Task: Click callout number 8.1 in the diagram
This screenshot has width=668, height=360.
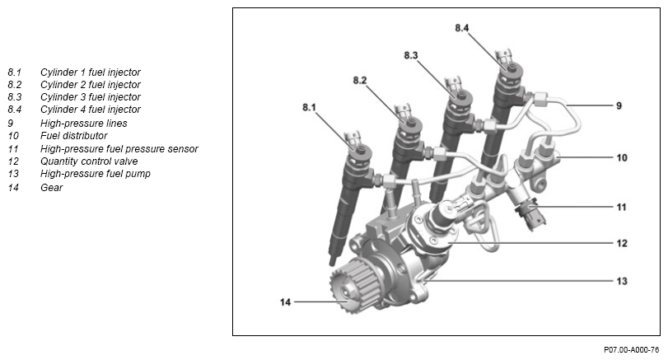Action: point(310,107)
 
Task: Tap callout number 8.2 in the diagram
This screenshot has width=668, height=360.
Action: point(360,80)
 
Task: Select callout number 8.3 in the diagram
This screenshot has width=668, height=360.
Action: point(411,54)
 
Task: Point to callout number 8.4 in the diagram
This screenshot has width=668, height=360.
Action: point(462,28)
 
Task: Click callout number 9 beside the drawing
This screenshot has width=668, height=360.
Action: point(619,106)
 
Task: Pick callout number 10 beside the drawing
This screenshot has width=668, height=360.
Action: point(622,156)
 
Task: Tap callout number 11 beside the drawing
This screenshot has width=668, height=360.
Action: point(622,207)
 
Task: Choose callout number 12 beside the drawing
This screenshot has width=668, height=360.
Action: point(622,244)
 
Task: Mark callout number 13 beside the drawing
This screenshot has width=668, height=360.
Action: point(622,281)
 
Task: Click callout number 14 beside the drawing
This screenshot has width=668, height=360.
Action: point(284,302)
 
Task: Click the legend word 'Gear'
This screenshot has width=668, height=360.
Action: point(51,187)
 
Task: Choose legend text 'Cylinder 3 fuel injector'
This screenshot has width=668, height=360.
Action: point(90,96)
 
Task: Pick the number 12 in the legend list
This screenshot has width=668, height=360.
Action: point(13,161)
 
